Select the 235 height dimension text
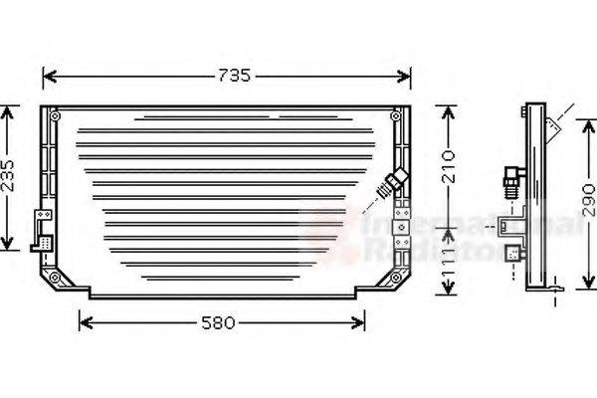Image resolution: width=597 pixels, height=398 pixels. tap(8, 176)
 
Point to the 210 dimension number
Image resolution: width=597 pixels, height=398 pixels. tap(449, 164)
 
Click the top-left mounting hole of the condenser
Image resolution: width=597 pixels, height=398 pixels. tap(49, 116)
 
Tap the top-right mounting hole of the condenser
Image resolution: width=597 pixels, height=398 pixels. tap(396, 116)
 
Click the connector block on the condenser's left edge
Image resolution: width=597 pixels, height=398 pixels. tap(44, 229)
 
